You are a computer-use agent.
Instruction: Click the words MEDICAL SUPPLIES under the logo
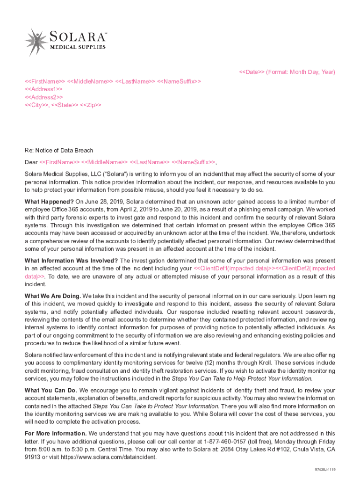[x=78, y=47]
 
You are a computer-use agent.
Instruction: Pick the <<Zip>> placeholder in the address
[x=90, y=105]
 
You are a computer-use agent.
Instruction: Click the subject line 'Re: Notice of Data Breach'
[x=59, y=151]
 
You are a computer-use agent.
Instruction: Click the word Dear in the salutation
[x=31, y=162]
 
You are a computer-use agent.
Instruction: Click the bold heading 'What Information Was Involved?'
[x=71, y=261]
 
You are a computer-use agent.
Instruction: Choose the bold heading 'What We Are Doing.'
[x=53, y=296]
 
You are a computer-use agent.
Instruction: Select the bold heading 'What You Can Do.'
[x=51, y=390]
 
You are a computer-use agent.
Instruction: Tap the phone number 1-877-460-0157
[x=223, y=442]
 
